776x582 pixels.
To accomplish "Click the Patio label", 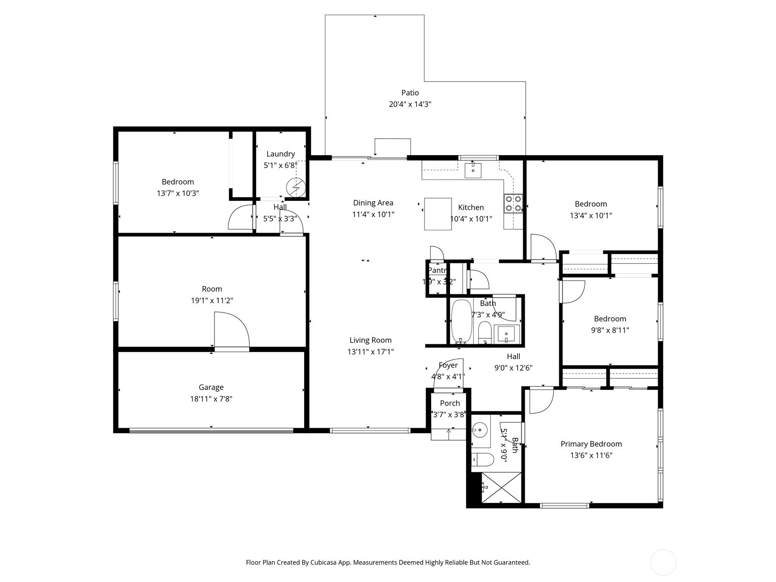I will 410,93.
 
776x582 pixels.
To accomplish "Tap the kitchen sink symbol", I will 473,171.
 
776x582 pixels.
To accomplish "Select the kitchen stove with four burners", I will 513,204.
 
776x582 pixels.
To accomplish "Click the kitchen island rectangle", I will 438,213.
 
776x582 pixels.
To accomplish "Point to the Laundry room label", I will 280,154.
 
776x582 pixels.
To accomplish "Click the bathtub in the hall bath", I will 461,321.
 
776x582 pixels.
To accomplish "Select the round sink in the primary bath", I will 480,429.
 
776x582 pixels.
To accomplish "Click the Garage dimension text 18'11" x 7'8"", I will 211,399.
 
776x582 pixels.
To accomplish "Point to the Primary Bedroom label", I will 591,444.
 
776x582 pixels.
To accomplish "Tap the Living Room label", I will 370,340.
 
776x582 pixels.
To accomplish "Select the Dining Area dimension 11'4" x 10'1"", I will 373,214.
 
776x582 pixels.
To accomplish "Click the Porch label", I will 450,404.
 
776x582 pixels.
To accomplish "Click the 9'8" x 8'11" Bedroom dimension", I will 610,330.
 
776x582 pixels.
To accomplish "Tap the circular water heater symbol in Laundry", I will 296,187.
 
